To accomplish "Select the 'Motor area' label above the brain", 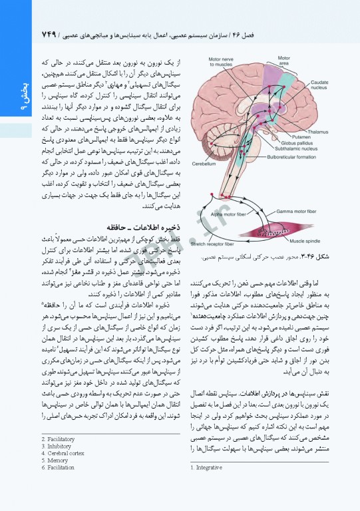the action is point(283,62).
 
